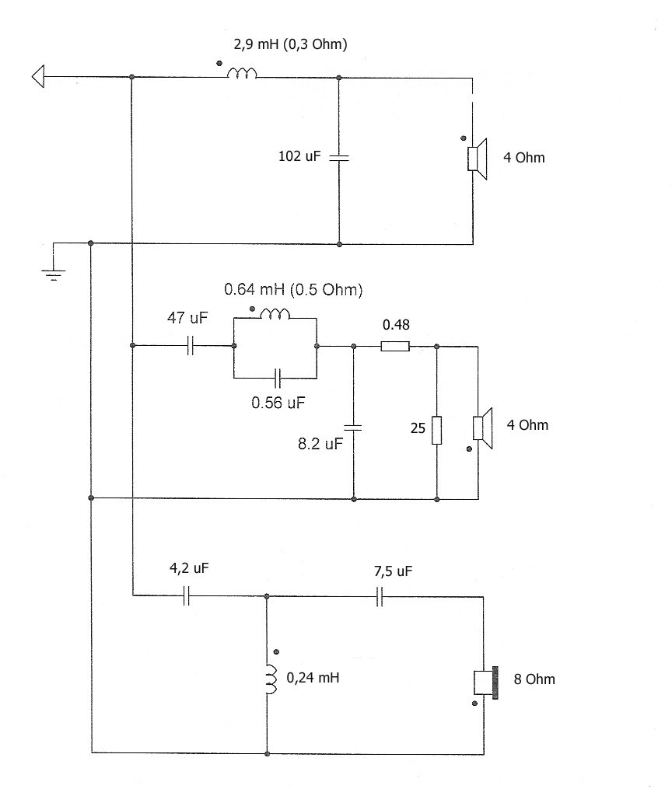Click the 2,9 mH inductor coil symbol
pyautogui.click(x=242, y=74)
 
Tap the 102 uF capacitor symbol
pyautogui.click(x=339, y=158)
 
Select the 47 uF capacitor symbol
pyautogui.click(x=191, y=346)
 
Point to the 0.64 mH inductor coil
pyautogui.click(x=275, y=314)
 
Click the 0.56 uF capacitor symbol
pyautogui.click(x=277, y=378)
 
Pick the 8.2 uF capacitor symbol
pyautogui.click(x=353, y=428)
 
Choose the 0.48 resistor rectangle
pyautogui.click(x=395, y=346)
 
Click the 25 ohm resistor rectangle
pyautogui.click(x=437, y=430)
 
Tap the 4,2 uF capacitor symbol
pyautogui.click(x=186, y=595)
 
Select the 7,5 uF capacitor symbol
pyautogui.click(x=380, y=596)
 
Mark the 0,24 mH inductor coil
pyautogui.click(x=271, y=679)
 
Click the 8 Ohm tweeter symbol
pyautogui.click(x=486, y=683)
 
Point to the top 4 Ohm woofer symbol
pyautogui.click(x=478, y=159)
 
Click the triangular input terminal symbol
pyautogui.click(x=38, y=76)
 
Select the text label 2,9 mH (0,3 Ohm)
pyautogui.click(x=290, y=44)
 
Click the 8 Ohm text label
pyautogui.click(x=534, y=679)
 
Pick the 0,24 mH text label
pyautogui.click(x=313, y=678)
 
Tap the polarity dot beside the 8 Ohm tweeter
pyautogui.click(x=474, y=703)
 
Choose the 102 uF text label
pyautogui.click(x=299, y=156)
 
